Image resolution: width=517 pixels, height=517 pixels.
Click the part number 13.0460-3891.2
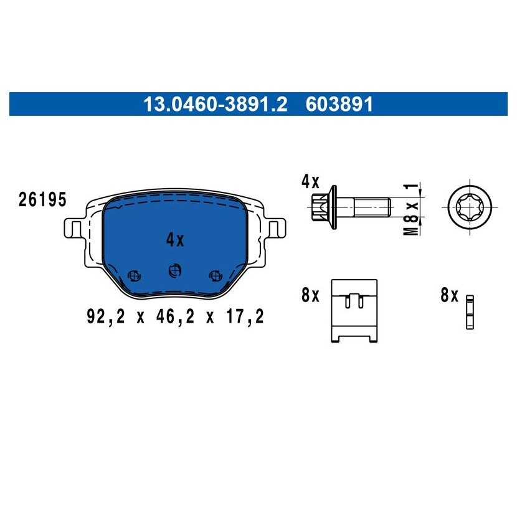[216, 104]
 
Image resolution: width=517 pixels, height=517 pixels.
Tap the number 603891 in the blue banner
[339, 104]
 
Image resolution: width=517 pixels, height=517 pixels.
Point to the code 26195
[42, 200]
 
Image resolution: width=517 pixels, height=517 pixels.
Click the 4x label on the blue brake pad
[175, 240]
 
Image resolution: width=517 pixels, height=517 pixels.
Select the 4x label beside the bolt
[311, 182]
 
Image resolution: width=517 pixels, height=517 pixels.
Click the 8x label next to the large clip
[311, 295]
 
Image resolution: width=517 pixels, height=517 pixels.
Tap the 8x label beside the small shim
[449, 295]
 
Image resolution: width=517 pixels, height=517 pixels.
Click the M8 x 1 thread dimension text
[411, 209]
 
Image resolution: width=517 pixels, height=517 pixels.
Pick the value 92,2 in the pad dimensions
[106, 316]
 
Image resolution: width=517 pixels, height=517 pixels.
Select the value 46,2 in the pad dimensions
[175, 316]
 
